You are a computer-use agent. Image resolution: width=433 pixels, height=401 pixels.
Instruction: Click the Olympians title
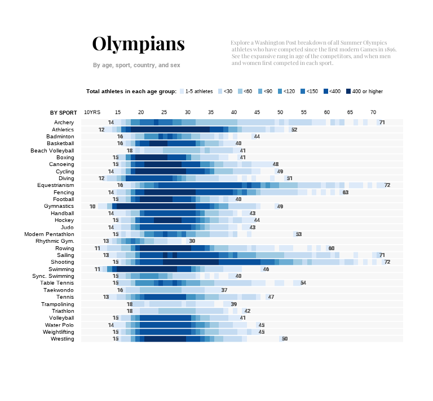[x=138, y=44]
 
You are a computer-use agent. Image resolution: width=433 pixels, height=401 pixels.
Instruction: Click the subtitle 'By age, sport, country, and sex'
[x=136, y=66]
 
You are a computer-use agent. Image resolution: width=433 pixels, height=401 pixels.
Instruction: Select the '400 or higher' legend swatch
[x=349, y=91]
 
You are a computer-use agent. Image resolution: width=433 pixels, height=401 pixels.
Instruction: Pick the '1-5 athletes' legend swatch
[x=182, y=91]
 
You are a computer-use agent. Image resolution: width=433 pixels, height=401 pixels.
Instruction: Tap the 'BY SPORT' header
[x=63, y=112]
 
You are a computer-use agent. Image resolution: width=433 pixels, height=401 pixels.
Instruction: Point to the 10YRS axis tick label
[x=92, y=112]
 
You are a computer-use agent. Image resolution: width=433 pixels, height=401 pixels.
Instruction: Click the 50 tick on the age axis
[x=280, y=112]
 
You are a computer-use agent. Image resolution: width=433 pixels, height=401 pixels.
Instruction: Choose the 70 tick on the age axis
[x=373, y=112]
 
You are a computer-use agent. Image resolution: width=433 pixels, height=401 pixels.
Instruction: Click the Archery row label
[x=64, y=123]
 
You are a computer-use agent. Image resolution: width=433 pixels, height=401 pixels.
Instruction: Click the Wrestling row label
[x=63, y=339]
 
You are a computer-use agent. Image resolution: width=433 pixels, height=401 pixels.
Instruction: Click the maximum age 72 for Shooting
[x=387, y=262]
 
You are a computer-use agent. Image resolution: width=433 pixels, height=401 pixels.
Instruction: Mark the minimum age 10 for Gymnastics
[x=92, y=206]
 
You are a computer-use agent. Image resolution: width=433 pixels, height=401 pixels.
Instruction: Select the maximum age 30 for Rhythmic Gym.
[x=192, y=241]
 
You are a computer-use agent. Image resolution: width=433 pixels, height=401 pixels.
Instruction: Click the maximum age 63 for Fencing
[x=346, y=193]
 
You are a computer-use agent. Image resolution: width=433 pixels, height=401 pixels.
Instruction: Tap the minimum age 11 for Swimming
[x=97, y=269]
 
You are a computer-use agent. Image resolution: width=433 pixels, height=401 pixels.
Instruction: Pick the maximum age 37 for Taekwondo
[x=224, y=290]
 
